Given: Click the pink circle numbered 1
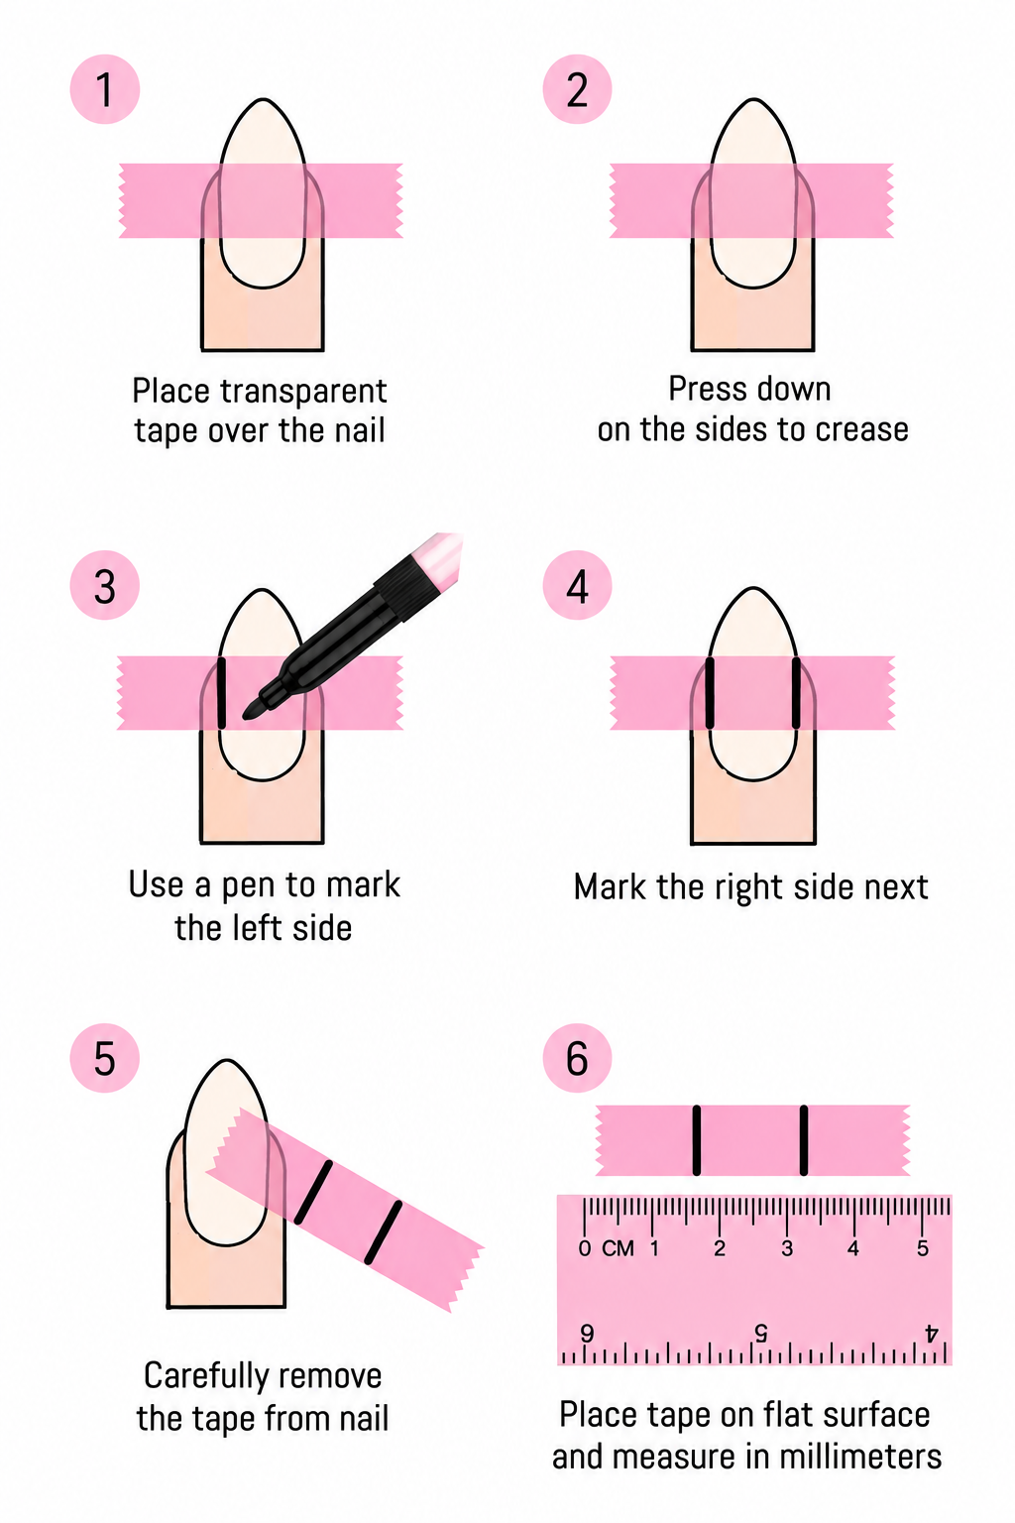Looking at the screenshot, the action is point(105,89).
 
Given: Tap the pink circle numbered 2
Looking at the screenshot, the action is point(577,89).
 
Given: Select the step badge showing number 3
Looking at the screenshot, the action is point(105,585).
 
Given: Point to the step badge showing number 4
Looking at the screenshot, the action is point(577,585).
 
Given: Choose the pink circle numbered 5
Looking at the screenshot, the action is point(105,1059).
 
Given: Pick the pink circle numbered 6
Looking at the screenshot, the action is point(577,1059).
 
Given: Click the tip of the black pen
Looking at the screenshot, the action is point(246,715).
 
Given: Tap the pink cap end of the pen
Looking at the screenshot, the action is point(442,553).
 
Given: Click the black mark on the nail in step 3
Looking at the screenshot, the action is point(221,693).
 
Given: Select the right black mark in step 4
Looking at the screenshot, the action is point(795,693).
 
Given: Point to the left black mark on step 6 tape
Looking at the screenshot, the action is point(696,1140).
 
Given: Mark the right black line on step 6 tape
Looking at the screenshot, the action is point(804,1140).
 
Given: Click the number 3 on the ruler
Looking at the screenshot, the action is point(787,1248).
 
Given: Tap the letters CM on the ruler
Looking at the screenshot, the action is point(618,1248).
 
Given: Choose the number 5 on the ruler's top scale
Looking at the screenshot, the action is point(922,1248).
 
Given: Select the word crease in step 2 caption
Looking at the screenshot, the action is point(861,429).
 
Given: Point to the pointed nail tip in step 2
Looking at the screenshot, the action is point(753,100).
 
